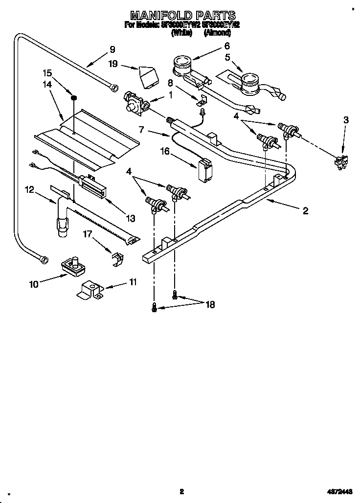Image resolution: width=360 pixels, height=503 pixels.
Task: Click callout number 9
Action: click(112, 49)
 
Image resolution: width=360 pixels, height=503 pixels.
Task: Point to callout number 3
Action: click(346, 120)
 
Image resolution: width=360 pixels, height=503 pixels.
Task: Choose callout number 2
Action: click(305, 211)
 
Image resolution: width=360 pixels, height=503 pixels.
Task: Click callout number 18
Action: click(210, 304)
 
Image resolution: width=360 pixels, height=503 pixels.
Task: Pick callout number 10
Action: click(34, 284)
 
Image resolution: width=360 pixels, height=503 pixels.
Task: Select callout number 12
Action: click(30, 189)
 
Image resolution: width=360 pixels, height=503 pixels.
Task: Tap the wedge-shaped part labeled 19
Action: click(147, 75)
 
